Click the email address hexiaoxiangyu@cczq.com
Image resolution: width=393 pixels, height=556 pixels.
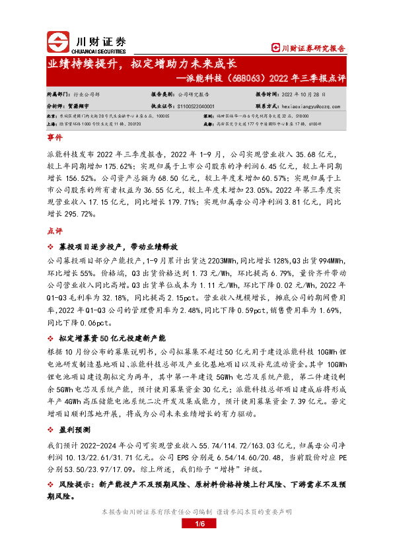click(308, 104)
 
